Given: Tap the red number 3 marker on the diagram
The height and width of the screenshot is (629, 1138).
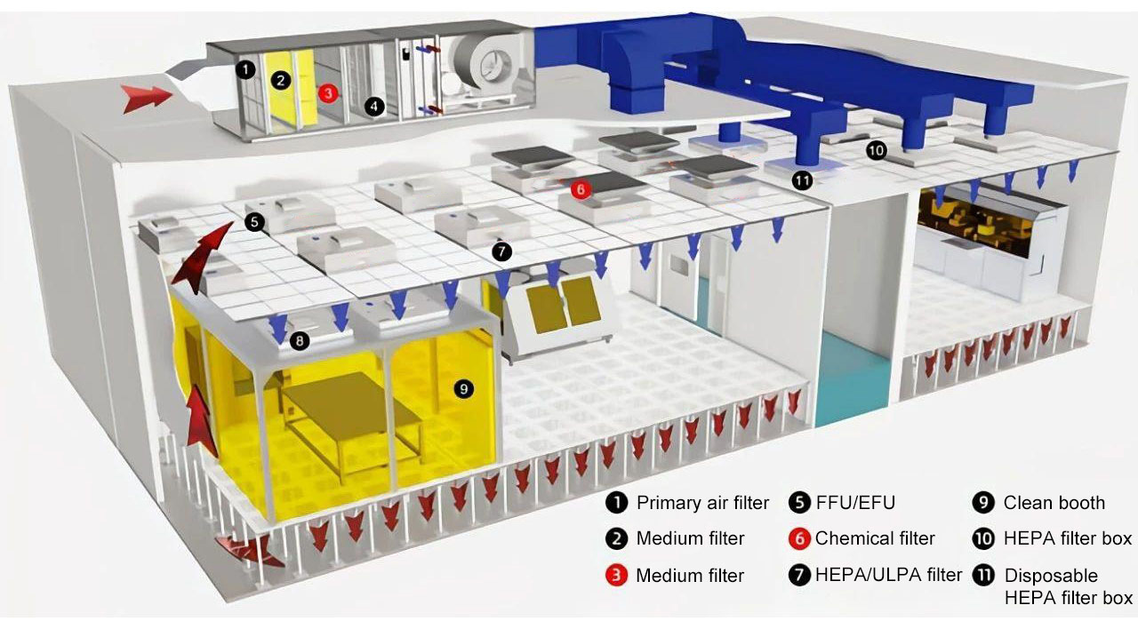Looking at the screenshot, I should click(327, 92).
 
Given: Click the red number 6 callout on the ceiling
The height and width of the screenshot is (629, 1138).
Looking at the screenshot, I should click(579, 188).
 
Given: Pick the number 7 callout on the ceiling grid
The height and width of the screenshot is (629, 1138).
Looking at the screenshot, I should click(501, 251).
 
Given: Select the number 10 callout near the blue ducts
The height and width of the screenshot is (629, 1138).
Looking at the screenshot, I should click(876, 150).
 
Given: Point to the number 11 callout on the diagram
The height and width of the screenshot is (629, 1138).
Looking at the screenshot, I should click(802, 180).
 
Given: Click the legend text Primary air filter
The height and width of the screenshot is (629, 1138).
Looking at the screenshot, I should click(702, 503).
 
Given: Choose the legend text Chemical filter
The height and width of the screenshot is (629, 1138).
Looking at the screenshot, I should click(875, 538).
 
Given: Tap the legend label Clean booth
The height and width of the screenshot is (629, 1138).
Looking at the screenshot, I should click(1054, 503).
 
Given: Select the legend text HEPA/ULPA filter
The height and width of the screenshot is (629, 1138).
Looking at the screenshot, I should click(888, 575).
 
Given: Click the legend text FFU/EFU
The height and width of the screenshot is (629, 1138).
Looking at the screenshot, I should click(854, 503).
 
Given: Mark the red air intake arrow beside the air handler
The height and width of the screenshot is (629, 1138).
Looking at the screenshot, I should click(148, 97).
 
